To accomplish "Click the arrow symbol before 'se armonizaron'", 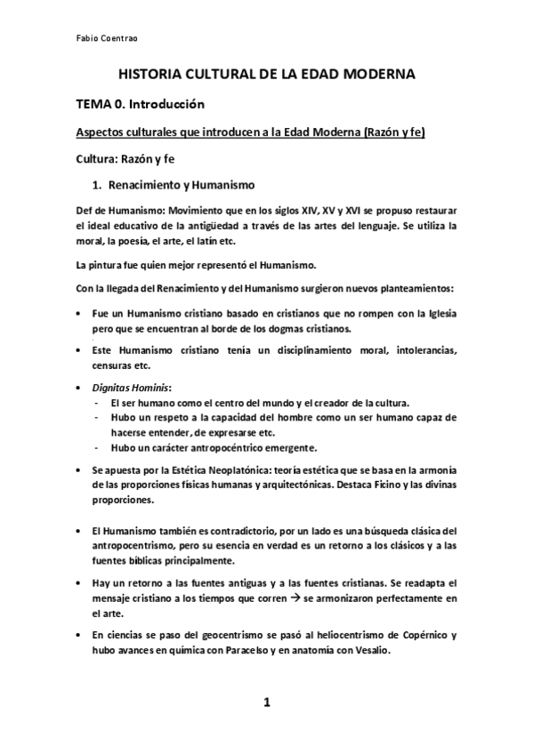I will pyautogui.click(x=291, y=599).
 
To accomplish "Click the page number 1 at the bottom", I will pyautogui.click(x=266, y=703).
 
